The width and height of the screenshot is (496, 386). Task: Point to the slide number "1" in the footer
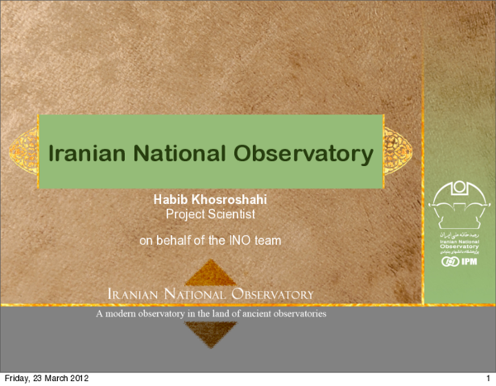click(489, 379)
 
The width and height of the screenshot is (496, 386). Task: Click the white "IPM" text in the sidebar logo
click(466, 262)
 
